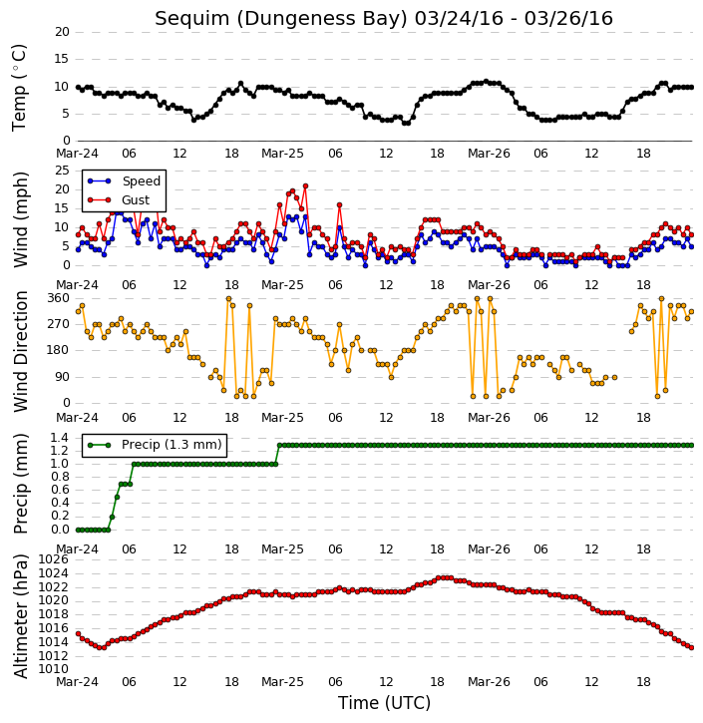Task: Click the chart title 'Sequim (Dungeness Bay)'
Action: coord(281,19)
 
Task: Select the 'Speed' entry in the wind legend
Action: coord(124,181)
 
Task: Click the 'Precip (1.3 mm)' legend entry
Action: coord(155,445)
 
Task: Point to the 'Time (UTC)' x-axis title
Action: coord(384,703)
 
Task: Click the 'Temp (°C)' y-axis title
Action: coord(19,88)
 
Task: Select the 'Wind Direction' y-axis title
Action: coord(21,351)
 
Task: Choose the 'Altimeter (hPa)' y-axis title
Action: coord(21,616)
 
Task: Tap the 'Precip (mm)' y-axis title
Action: coord(21,484)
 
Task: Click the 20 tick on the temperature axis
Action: coord(62,32)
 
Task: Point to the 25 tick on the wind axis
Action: coord(62,171)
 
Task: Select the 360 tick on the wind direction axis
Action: coord(59,298)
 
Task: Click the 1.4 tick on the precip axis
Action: coord(60,437)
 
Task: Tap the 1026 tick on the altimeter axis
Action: coord(54,559)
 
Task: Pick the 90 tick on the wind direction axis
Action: coord(62,377)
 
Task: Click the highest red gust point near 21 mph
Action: coord(305,186)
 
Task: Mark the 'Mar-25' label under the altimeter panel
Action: coord(282,681)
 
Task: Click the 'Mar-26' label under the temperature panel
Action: coord(489,154)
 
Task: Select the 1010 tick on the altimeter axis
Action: coord(54,669)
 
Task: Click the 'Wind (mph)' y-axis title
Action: coord(21,219)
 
